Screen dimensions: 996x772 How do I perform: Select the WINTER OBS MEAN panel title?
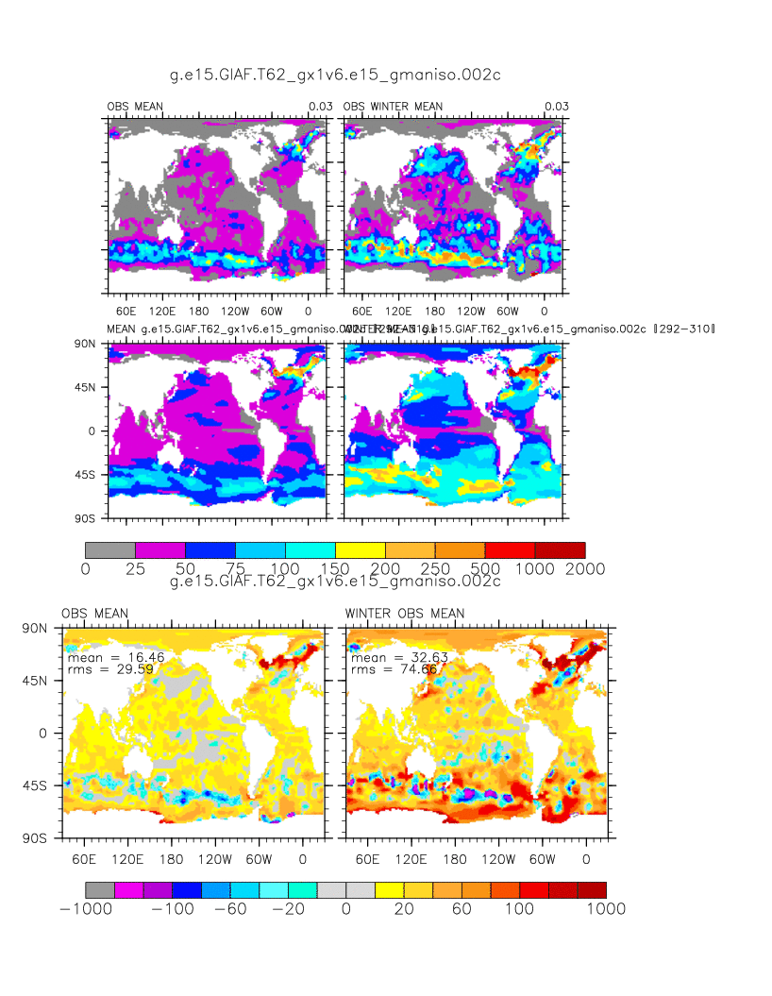pos(405,614)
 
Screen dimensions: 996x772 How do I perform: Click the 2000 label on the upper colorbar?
pos(586,569)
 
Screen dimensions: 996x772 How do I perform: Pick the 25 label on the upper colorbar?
pos(135,569)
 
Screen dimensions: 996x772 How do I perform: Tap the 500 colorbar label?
pos(485,569)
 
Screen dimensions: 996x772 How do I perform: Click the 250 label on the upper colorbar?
pos(435,569)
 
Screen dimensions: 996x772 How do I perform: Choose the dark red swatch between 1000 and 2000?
pos(560,549)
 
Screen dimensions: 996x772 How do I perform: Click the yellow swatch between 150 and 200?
pos(361,549)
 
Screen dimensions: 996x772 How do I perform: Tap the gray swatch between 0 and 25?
pos(110,549)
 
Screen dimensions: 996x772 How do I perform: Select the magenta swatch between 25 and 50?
pos(160,549)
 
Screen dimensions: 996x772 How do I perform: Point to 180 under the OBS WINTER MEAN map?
pos(435,310)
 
